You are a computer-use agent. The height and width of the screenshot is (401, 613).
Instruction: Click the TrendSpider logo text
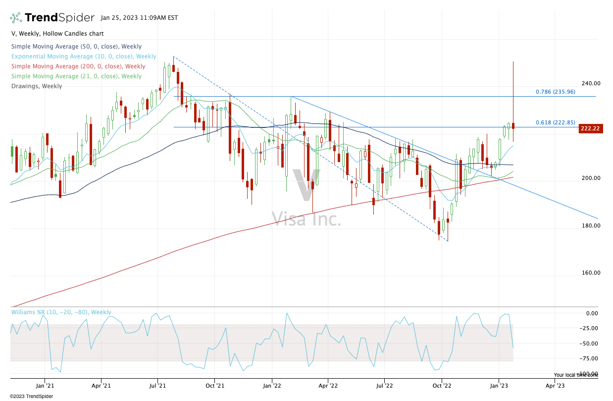coord(59,18)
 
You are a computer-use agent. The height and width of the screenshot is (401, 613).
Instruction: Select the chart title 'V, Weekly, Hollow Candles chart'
coord(57,34)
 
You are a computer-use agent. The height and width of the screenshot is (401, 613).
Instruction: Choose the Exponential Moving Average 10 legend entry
coord(84,57)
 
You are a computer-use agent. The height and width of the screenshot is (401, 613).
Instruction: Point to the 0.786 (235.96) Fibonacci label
coord(555,92)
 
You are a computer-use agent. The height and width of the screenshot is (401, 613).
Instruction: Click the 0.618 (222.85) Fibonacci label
coord(555,122)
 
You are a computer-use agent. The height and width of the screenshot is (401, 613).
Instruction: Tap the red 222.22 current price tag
coord(590,129)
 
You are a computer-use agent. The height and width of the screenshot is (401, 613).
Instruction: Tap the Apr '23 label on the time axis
coord(555,384)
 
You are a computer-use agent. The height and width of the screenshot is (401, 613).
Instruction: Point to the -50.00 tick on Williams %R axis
coord(589,344)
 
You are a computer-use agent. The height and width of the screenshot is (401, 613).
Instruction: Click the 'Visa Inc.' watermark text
coord(306,219)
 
